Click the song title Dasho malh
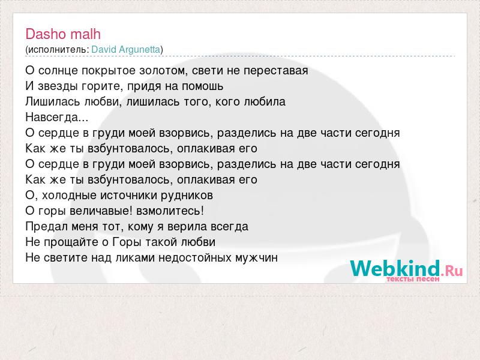coord(63,34)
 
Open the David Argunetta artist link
coord(126,50)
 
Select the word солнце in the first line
coord(58,71)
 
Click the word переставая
coord(276,71)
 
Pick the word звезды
coord(58,86)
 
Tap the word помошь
coord(202,86)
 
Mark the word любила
coord(265,101)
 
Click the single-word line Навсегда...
coord(56,118)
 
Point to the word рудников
coord(187,196)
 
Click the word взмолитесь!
coord(170,211)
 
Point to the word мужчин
coord(257,258)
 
